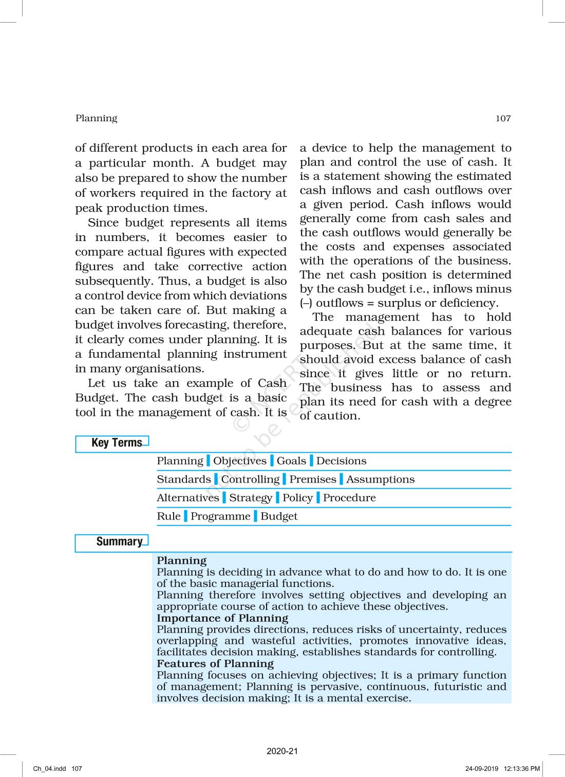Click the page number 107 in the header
[503, 119]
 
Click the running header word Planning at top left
[97, 119]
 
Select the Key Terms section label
[117, 443]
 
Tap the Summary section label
[119, 542]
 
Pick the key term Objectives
[240, 461]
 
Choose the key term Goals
[291, 461]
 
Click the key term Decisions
[342, 461]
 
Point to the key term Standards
[184, 479]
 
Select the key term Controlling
[251, 479]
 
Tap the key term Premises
[313, 479]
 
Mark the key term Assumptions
[380, 479]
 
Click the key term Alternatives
[188, 498]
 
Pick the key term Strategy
[251, 498]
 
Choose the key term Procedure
[349, 498]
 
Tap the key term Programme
[221, 516]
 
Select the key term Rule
[168, 516]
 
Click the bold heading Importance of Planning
[222, 618]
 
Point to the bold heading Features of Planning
[215, 664]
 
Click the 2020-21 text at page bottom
[282, 751]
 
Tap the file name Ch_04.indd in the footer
[50, 769]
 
